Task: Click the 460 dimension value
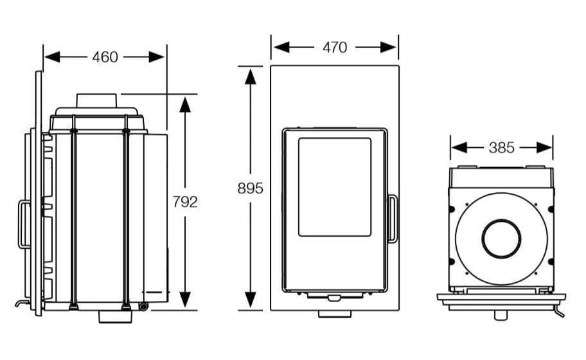[105, 57]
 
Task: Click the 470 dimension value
[334, 47]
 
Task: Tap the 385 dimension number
[501, 147]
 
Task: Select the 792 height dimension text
[185, 201]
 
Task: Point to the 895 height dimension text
[250, 188]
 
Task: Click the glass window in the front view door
[334, 186]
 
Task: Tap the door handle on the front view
[393, 219]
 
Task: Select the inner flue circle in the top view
[501, 238]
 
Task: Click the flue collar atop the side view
[97, 100]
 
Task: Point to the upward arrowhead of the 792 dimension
[185, 104]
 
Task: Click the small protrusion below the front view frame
[335, 314]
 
